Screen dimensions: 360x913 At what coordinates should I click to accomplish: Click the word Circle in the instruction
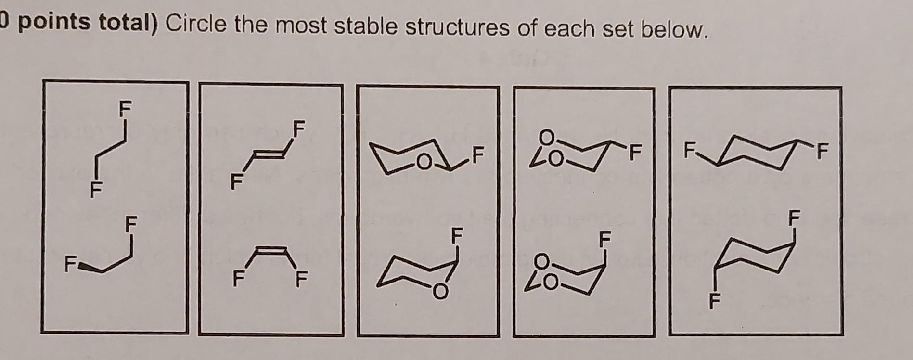(195, 25)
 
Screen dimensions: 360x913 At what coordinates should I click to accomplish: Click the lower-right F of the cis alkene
(301, 279)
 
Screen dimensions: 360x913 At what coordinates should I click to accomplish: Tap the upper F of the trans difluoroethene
(299, 129)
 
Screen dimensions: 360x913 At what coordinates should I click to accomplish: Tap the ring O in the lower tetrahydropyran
(438, 291)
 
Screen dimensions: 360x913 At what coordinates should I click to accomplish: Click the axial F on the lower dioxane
(604, 238)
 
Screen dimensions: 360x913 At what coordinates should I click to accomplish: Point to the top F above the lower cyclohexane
(794, 217)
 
